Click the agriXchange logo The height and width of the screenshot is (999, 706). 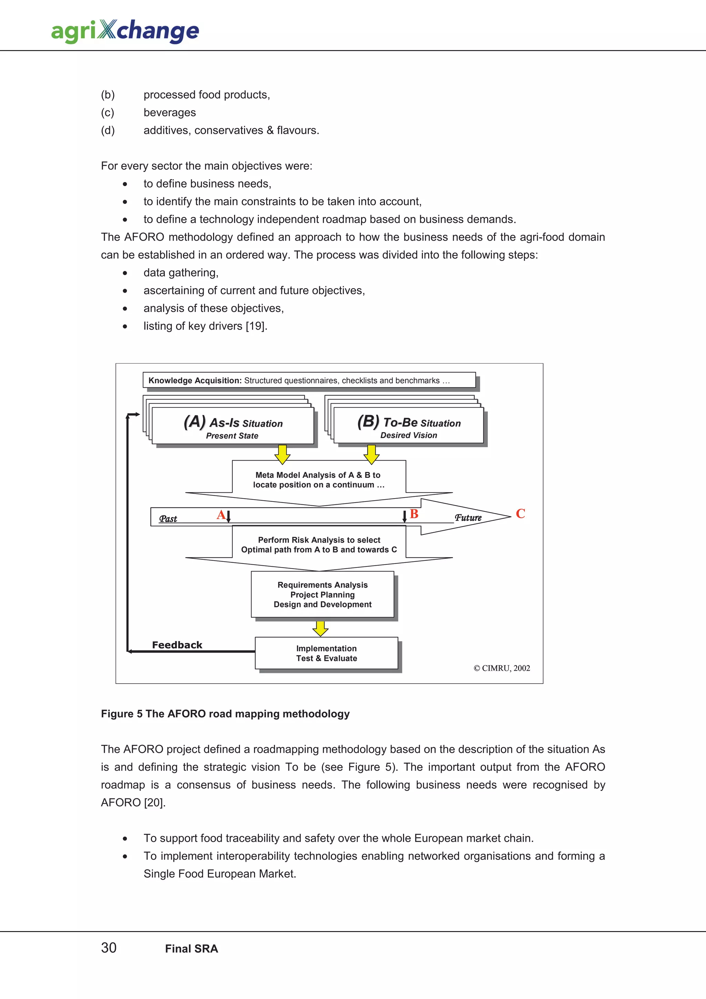(125, 31)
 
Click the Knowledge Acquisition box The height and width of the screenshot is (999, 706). (309, 380)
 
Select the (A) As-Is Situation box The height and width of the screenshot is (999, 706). (233, 426)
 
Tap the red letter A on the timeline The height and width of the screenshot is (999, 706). (221, 515)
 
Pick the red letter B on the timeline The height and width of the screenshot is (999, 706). (414, 514)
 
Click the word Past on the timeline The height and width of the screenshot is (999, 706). (168, 519)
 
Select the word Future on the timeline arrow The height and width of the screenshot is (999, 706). (468, 518)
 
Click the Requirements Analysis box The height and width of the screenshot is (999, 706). (322, 594)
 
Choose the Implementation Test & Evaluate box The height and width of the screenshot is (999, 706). (326, 653)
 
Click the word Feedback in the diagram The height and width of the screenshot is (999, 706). (177, 645)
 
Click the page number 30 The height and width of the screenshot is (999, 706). (109, 948)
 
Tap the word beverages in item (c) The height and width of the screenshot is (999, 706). (170, 113)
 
